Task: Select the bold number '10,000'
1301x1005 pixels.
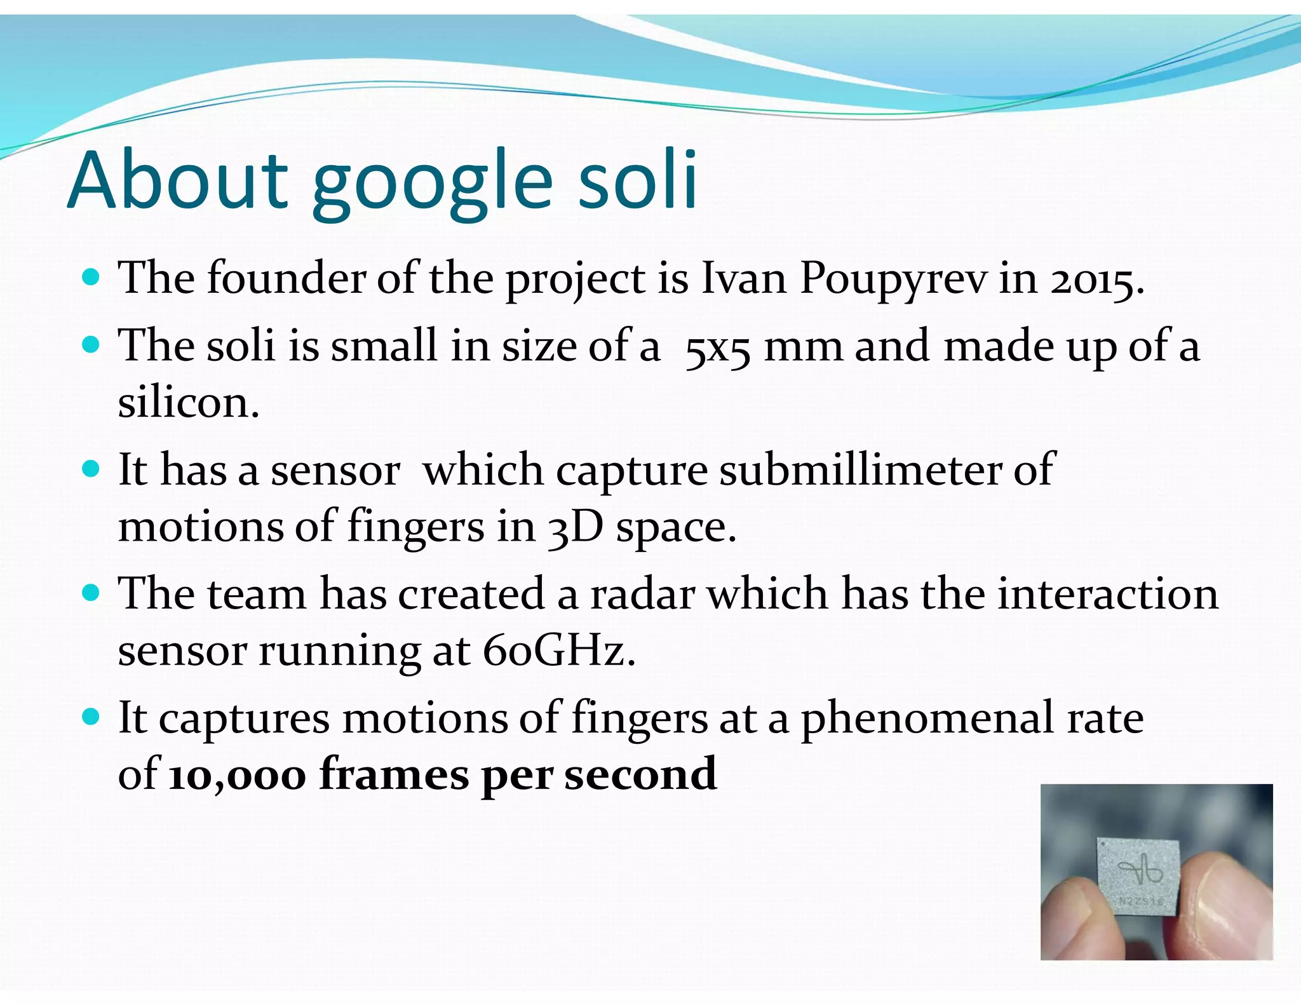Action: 237,776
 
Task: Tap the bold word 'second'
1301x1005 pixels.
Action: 640,774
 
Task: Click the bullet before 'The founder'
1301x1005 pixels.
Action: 92,278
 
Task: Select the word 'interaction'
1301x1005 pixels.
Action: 1107,595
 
